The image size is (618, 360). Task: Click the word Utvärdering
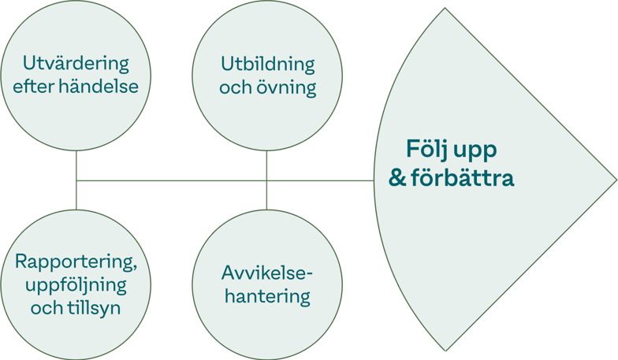coord(76,63)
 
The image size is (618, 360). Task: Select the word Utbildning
coord(267,64)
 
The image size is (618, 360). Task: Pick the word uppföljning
coord(76,284)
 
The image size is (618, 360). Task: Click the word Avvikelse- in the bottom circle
coord(267,274)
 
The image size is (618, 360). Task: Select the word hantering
coord(267,297)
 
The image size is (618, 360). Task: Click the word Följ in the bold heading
coord(426,149)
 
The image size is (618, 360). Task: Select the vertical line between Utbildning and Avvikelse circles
coord(267,167)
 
